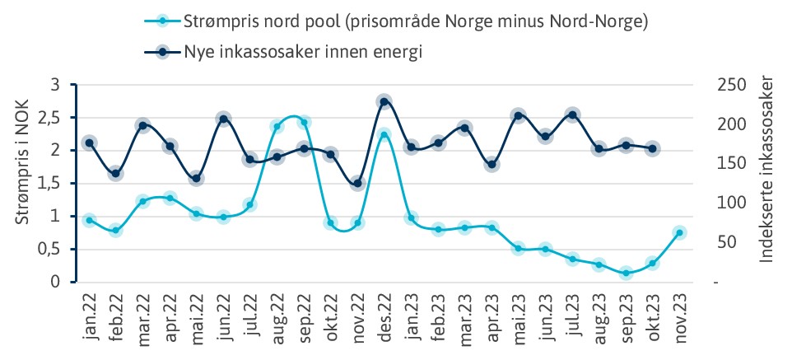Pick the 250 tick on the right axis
tap(733, 84)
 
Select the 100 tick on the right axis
tap(733, 203)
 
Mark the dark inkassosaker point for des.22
tap(384, 101)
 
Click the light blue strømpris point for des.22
tap(384, 133)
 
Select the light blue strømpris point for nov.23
tap(679, 233)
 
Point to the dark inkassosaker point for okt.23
tap(652, 149)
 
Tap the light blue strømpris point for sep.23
tap(626, 273)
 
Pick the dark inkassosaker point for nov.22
tap(357, 184)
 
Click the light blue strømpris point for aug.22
tap(277, 126)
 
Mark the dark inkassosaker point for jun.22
tap(223, 119)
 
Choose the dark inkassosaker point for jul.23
tap(572, 115)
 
